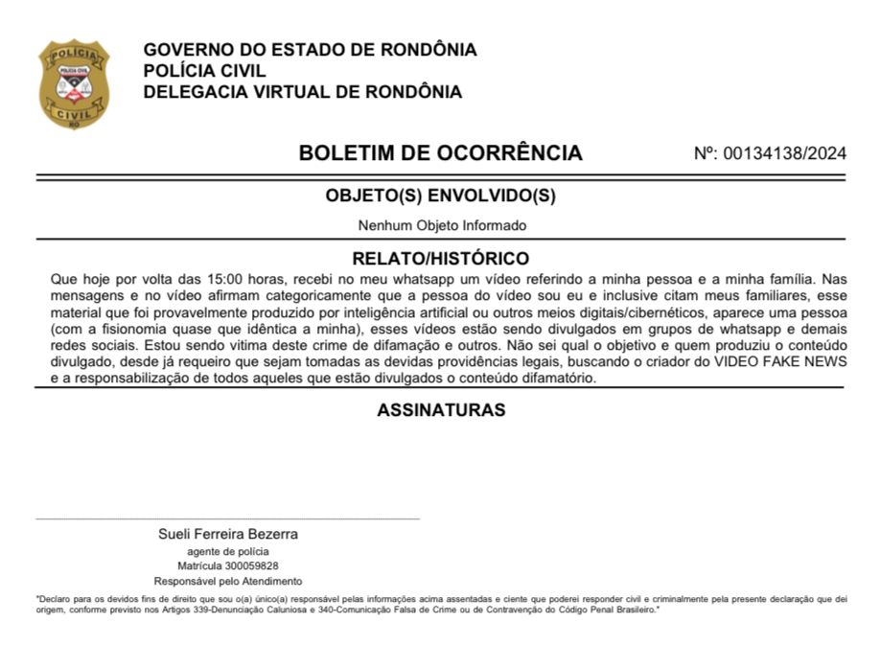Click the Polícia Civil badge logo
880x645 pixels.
tap(74, 83)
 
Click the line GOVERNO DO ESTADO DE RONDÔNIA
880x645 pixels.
tap(310, 50)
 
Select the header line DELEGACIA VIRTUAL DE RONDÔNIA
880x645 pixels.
tap(302, 92)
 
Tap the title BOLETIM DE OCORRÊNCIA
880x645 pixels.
tap(440, 152)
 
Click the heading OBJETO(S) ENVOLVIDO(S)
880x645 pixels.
tap(440, 196)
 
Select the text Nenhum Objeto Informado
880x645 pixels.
tap(442, 226)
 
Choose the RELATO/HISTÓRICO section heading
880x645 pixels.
tap(440, 259)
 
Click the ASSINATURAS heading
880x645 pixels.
tap(440, 410)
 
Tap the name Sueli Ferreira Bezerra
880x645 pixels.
tap(228, 534)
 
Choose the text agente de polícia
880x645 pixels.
tap(228, 551)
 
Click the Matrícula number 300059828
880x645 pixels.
tap(248, 566)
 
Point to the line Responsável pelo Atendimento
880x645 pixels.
tap(228, 581)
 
